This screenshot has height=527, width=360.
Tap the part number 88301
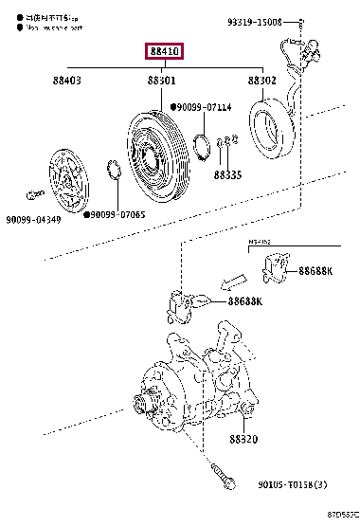pyautogui.click(x=161, y=82)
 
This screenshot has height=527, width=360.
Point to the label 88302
pyautogui.click(x=261, y=82)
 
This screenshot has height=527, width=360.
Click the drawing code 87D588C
pyautogui.click(x=341, y=515)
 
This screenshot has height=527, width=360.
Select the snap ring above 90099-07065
pyautogui.click(x=112, y=172)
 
